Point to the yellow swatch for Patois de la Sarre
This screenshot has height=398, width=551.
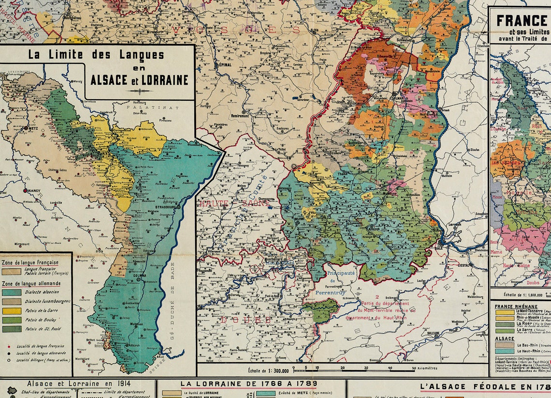(11, 310)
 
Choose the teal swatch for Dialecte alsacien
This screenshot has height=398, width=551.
(11, 292)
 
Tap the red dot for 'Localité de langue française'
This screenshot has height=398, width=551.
(8, 346)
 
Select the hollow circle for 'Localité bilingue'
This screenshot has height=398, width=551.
(8, 360)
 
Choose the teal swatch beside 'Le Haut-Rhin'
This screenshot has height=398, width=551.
(504, 351)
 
